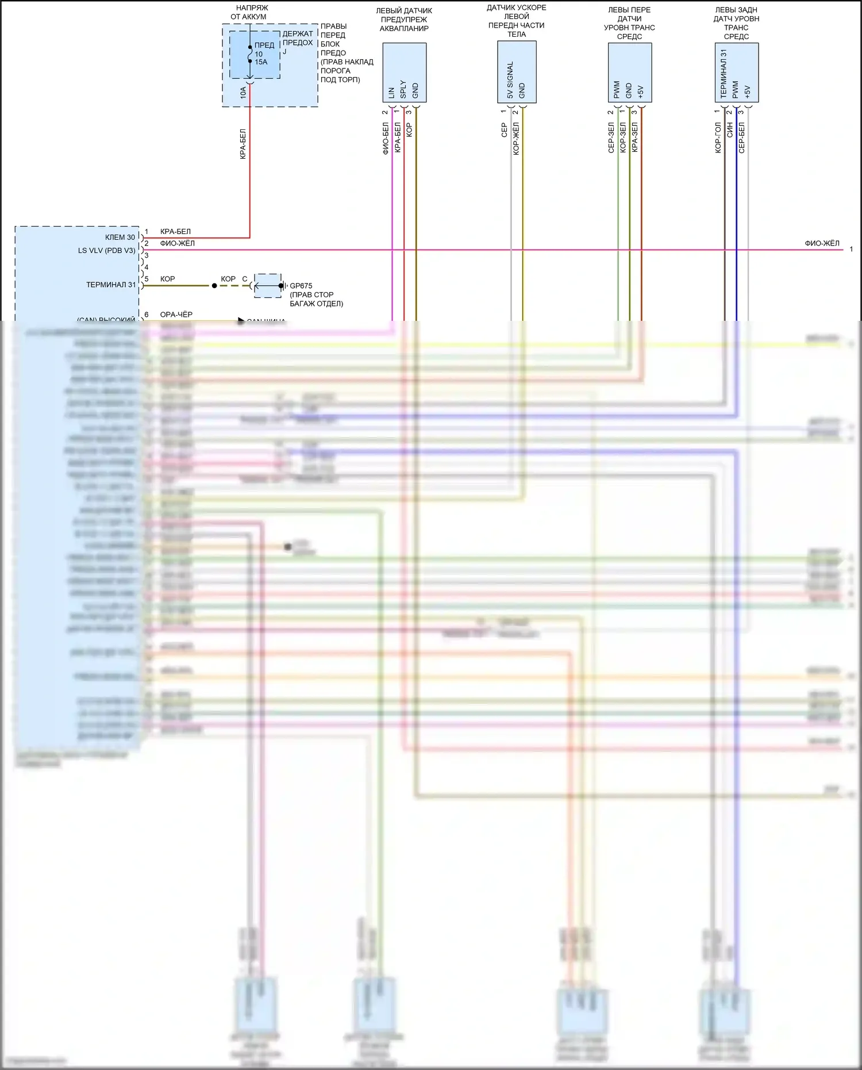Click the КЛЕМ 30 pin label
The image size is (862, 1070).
point(120,237)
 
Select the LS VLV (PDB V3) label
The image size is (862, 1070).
point(107,250)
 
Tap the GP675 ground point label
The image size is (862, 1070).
point(301,286)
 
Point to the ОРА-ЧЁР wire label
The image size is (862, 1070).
point(176,315)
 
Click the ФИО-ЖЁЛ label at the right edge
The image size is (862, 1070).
point(822,243)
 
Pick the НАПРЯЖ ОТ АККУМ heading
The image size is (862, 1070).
point(252,12)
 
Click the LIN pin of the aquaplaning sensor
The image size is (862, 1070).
point(391,92)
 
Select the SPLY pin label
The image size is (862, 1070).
point(403,89)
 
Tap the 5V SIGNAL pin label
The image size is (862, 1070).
point(510,80)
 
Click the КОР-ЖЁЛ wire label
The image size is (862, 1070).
point(516,139)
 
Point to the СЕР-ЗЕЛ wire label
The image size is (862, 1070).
point(611,137)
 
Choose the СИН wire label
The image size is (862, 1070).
point(730,131)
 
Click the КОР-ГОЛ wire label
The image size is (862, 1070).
point(718,137)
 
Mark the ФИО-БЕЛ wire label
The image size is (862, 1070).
point(385,139)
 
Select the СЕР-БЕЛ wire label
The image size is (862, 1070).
point(741,137)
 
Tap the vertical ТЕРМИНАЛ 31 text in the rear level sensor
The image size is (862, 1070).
point(724,74)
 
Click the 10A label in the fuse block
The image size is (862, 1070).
point(243,93)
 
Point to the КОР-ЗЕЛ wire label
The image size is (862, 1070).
point(622,137)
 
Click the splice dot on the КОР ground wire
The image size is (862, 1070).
point(214,286)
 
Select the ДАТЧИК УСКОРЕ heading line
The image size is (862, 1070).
point(516,7)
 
